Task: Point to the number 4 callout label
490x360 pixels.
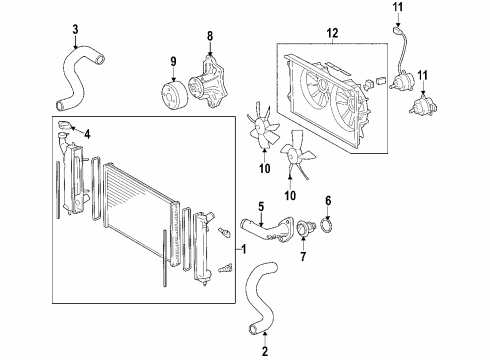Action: point(88,134)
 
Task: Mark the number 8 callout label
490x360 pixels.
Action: point(210,37)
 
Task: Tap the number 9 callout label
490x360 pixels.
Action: point(173,62)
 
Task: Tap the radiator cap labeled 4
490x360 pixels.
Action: point(66,126)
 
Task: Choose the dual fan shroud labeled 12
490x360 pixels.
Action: point(325,100)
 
